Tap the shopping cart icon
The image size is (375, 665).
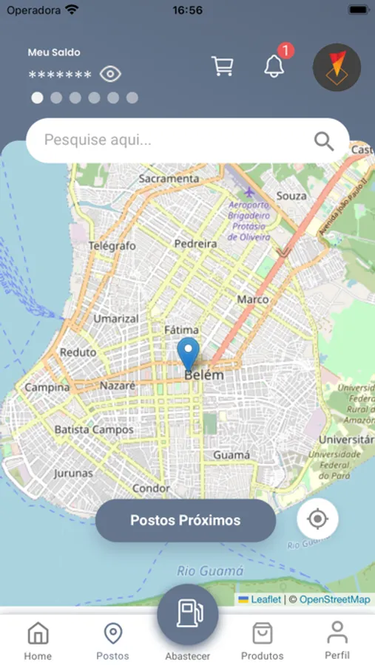(222, 66)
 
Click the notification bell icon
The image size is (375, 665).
(274, 66)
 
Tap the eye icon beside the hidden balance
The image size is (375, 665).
(110, 74)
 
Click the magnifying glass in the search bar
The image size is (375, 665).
(324, 140)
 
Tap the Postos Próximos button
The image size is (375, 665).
(185, 520)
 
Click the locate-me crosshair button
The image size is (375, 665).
(317, 519)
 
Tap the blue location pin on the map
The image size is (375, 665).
(189, 352)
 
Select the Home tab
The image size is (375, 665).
(38, 640)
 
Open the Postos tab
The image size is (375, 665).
(112, 640)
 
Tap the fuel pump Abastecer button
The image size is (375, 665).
(187, 615)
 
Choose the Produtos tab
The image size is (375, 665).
(262, 640)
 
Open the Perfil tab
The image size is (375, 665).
(337, 640)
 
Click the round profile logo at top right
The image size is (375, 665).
(337, 67)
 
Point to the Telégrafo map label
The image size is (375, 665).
(112, 245)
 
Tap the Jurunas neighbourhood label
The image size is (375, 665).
(73, 473)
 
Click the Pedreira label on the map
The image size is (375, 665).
(195, 243)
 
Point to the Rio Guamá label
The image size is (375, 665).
(210, 571)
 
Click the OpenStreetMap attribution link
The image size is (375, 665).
(334, 599)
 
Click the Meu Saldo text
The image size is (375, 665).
(54, 52)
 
